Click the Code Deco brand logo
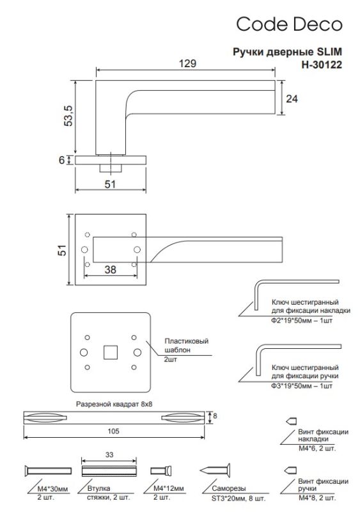coord(289,24)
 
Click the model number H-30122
coord(322,65)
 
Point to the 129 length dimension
coord(187,63)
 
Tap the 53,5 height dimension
coord(68,116)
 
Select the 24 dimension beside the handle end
coord(292,99)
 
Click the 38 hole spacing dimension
coord(111,269)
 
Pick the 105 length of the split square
coord(113,431)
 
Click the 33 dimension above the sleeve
coord(109,454)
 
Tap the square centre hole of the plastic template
coord(111,353)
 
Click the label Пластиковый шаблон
coord(186,346)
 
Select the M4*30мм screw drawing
coord(48,470)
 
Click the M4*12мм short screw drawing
coord(161,470)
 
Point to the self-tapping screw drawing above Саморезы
coord(215,470)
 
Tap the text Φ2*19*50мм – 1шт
coord(302,321)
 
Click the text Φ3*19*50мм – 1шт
coord(302,386)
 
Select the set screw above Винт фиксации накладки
coord(292,421)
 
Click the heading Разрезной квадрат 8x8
coord(114,404)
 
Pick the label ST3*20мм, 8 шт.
coord(239,499)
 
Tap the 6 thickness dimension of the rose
coord(61,160)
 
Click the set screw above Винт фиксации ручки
coord(291,470)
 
